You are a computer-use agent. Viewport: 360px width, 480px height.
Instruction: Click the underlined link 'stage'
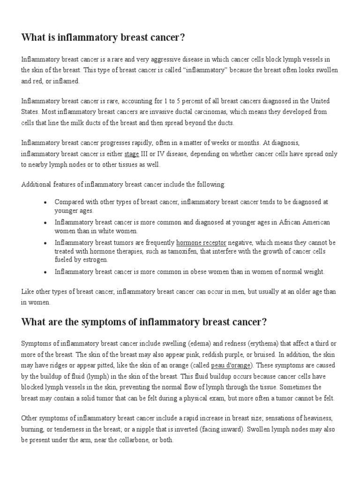point(131,154)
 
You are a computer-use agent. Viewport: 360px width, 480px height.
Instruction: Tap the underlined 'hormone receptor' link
point(201,243)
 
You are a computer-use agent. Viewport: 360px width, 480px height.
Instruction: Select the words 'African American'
point(305,222)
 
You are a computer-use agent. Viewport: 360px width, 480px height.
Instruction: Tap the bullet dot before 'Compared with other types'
point(45,202)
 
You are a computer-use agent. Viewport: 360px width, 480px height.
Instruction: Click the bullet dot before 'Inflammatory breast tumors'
point(45,243)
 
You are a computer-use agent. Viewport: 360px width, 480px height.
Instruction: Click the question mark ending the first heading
point(182,38)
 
